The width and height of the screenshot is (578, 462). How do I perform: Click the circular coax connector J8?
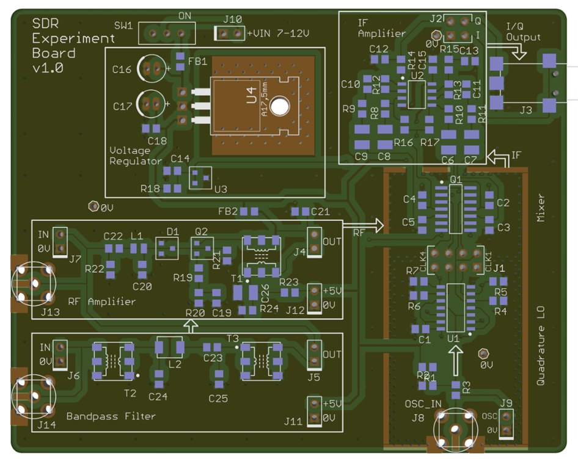(454, 429)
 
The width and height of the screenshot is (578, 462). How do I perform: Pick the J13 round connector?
(34, 283)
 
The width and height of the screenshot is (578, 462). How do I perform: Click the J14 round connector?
(34, 396)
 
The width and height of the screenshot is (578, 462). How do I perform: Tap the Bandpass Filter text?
(111, 416)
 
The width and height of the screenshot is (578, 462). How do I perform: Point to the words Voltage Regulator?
(135, 156)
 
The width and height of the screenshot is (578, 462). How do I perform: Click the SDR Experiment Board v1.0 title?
(64, 46)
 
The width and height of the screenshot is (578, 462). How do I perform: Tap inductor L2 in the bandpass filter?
(169, 347)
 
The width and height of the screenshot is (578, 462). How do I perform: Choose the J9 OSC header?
(507, 424)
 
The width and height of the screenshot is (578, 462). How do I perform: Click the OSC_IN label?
(423, 404)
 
